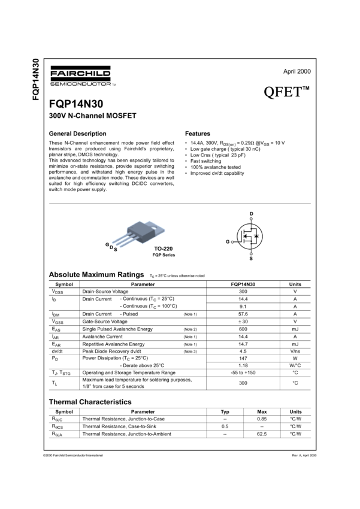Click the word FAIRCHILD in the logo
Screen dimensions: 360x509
coord(80,74)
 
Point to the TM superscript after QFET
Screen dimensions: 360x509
coord(305,89)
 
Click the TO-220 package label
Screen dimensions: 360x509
coord(162,248)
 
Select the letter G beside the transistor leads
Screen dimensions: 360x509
coord(107,245)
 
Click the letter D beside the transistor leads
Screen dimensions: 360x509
coord(111,247)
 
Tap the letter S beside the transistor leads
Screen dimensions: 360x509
coord(115,249)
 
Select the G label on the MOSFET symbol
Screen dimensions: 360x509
coord(228,242)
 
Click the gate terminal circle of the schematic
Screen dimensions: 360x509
coord(232,242)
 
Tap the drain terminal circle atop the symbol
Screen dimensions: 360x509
coord(251,218)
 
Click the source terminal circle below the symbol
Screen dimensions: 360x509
coord(251,253)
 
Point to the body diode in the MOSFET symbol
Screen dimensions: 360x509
coord(256,236)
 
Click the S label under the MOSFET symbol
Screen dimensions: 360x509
coord(251,258)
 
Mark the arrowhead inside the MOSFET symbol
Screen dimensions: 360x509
coord(246,236)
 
